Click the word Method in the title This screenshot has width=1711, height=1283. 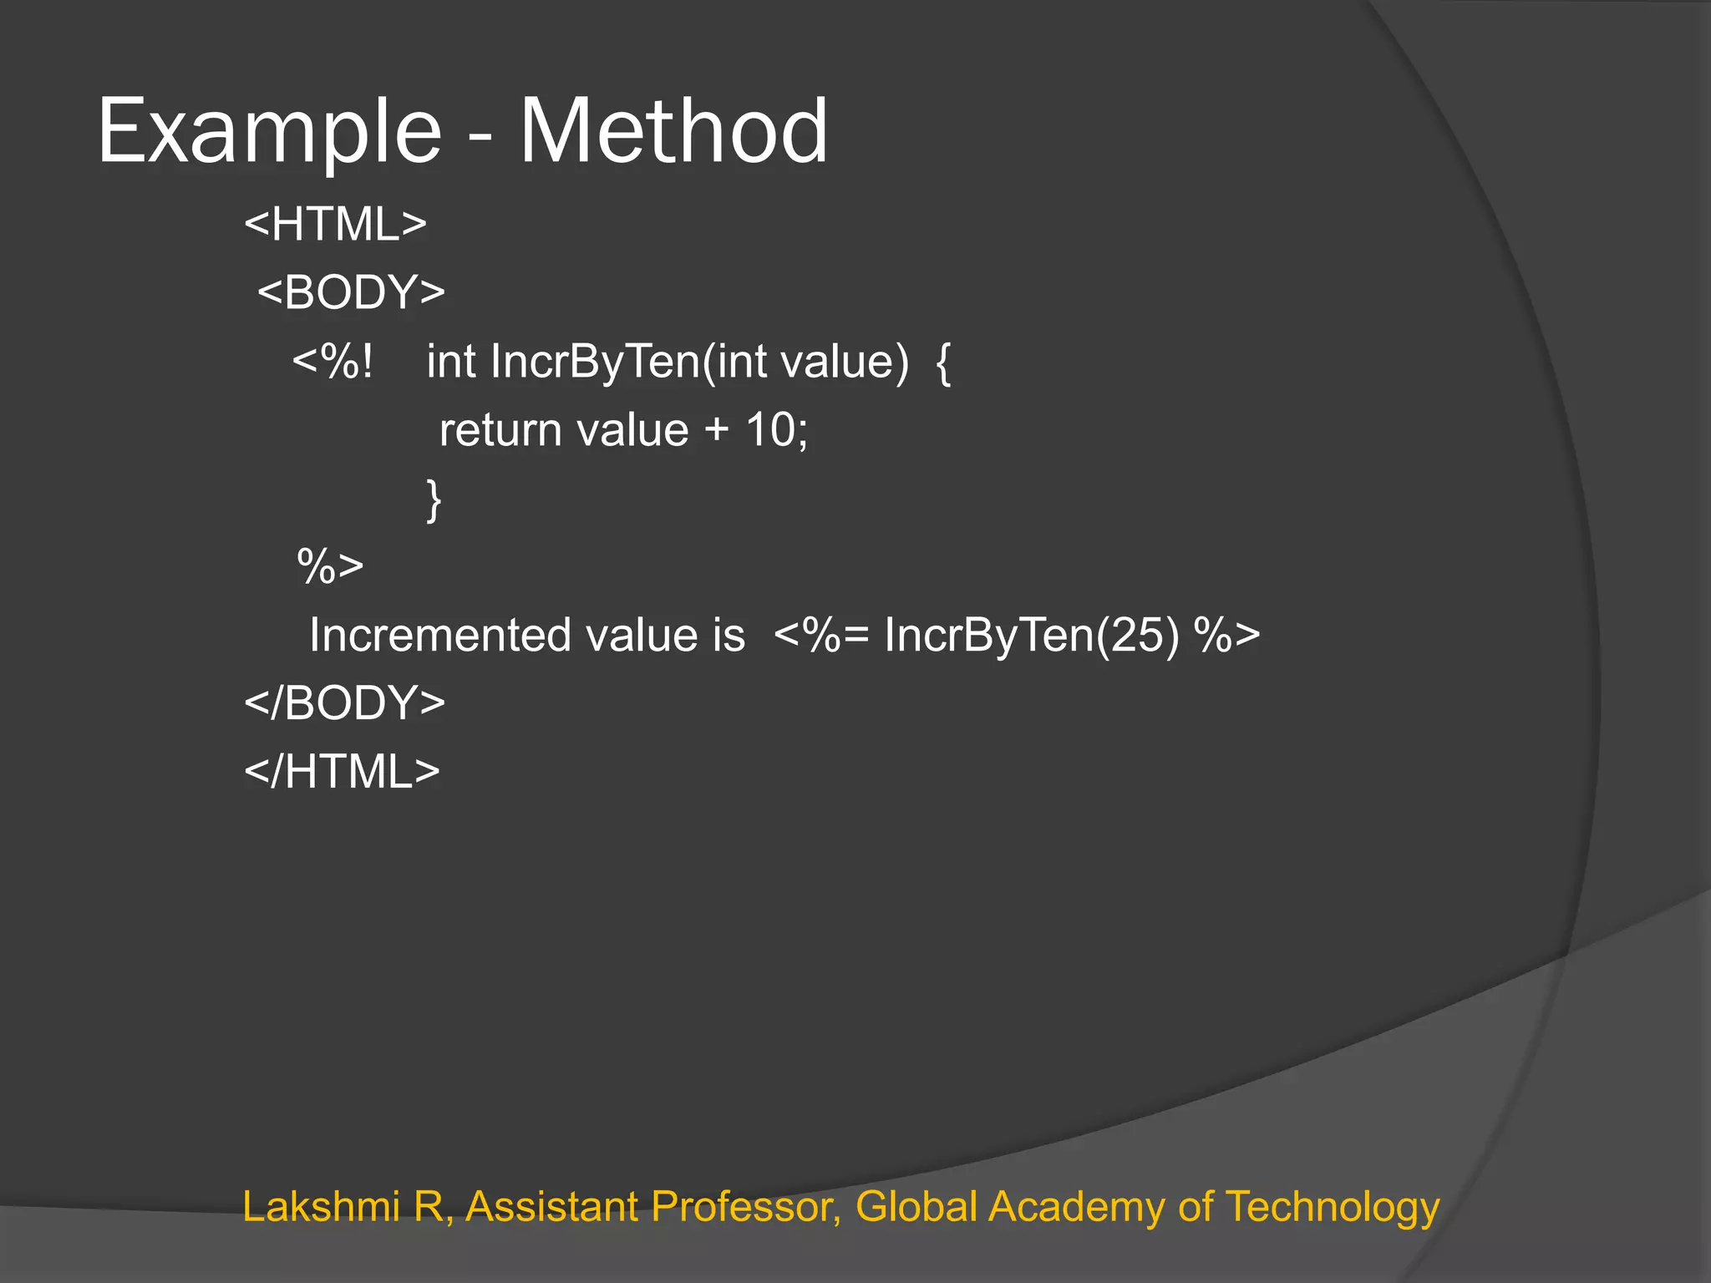pos(673,132)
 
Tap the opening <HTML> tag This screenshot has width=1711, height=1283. pos(336,225)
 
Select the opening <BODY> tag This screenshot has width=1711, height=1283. pos(351,293)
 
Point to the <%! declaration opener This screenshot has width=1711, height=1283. pos(333,362)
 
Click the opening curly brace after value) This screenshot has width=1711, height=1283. pos(943,363)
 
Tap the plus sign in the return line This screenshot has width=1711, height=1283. pos(716,432)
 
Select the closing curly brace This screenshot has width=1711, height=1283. pos(434,500)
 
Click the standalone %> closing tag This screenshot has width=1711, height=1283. pos(330,567)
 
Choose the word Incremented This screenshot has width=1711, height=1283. pos(439,636)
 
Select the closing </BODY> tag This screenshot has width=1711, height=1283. pos(344,703)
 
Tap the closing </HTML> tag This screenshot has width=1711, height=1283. pos(342,772)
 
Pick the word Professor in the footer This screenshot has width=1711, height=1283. pos(746,1207)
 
